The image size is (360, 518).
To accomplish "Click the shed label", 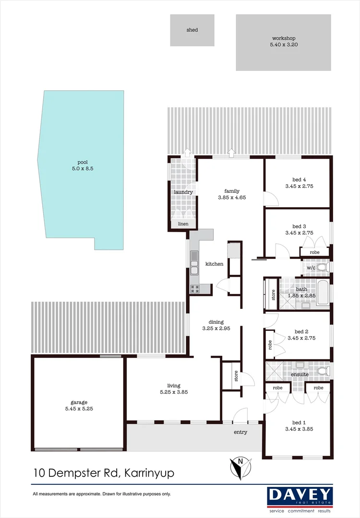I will coord(192,30).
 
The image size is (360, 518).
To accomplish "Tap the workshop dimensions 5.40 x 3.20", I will coord(283,45).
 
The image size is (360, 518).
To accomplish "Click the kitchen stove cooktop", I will coord(195,289).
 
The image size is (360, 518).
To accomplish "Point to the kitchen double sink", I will coord(194,263).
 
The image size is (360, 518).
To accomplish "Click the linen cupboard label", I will coord(183,224).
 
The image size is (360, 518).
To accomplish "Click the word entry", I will coord(240,432).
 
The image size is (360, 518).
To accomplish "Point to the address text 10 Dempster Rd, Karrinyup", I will coord(104,473).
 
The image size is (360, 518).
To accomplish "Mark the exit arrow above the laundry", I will coord(187,153).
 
